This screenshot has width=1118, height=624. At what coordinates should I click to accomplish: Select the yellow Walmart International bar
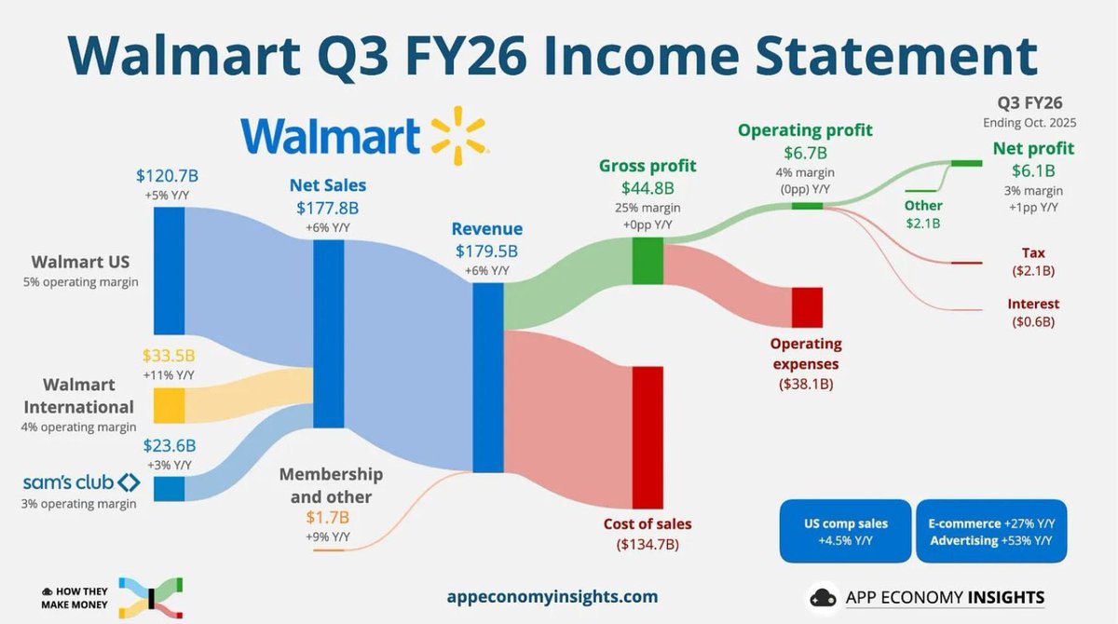click(169, 405)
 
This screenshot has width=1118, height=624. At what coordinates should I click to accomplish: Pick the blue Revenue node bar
click(487, 377)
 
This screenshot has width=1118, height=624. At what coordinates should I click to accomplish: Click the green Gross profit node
click(647, 261)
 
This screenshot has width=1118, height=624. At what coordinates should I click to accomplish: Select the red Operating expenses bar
click(807, 306)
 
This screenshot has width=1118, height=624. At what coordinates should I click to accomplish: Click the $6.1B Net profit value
click(1033, 170)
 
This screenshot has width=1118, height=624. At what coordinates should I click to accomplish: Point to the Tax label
click(1034, 252)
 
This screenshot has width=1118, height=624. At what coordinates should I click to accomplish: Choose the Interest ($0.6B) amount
click(1033, 321)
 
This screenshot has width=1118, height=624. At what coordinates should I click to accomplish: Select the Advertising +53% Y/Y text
click(990, 540)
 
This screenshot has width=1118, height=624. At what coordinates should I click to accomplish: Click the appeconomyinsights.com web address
click(552, 596)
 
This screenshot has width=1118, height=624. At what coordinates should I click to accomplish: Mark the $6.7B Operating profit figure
click(805, 152)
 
